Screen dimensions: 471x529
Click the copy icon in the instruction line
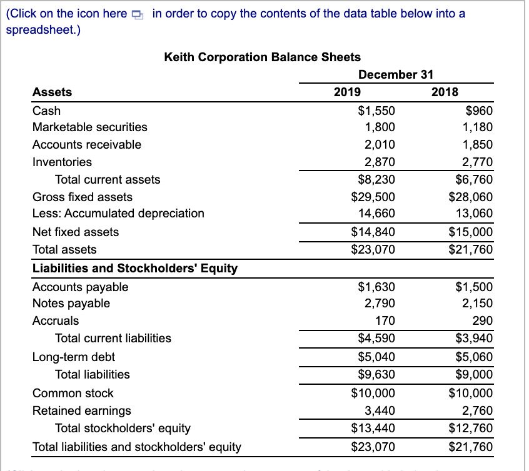138,14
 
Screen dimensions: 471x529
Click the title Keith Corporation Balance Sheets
262,57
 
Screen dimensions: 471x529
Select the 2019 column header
347,92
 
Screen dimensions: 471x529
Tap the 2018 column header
445,92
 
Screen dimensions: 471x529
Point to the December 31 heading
396,74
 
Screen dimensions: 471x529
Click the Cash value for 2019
376,111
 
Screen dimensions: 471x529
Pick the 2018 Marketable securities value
478,127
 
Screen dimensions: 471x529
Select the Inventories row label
62,162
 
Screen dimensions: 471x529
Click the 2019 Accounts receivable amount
380,144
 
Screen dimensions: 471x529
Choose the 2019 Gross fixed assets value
373,197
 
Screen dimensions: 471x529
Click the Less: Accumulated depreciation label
118,213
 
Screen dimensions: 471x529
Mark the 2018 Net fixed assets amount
471,232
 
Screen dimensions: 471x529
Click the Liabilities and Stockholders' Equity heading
135,268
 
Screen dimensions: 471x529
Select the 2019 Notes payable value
380,303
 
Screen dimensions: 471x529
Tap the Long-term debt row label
74,357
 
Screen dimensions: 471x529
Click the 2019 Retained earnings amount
380,410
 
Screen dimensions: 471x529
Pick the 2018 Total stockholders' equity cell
471,428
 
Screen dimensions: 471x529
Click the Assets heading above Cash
52,92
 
